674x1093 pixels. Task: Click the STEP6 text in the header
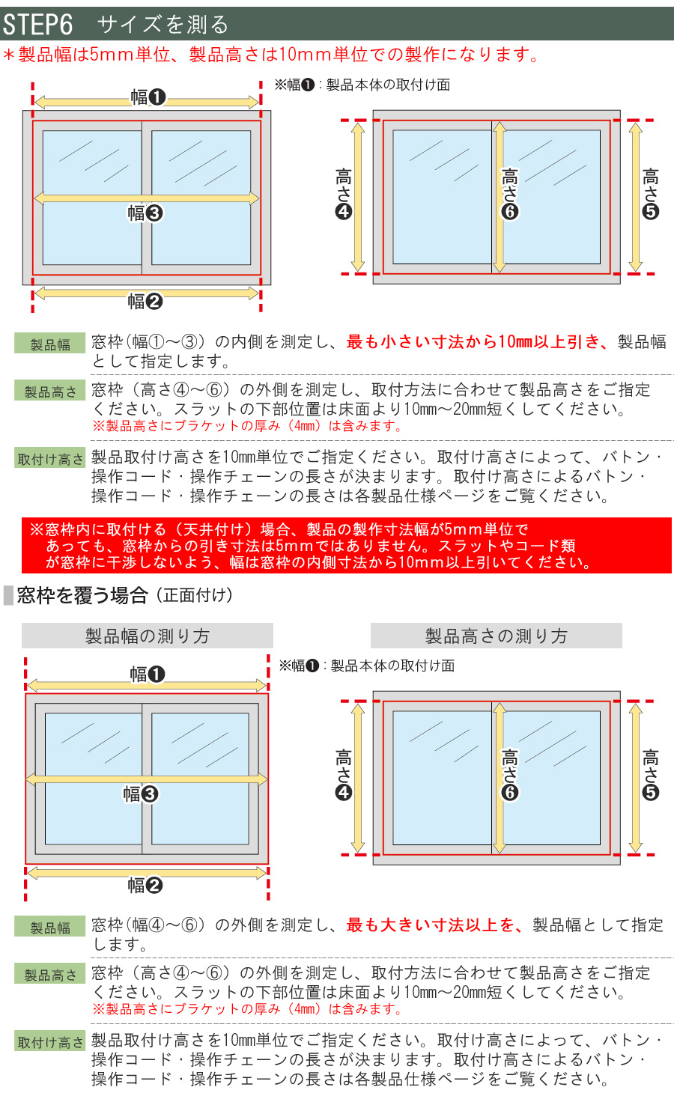tap(37, 25)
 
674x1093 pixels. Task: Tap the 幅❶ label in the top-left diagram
tap(148, 97)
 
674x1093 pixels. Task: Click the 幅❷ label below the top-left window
tap(145, 302)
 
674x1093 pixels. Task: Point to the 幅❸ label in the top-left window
tap(145, 213)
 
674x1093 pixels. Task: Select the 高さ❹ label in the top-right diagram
tap(343, 193)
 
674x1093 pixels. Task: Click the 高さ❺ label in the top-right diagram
tap(650, 193)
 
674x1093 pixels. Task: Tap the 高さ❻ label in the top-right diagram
tap(509, 193)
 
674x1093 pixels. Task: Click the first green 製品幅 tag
tap(50, 344)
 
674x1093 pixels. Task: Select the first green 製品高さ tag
tap(50, 392)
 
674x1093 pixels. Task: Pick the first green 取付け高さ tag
tap(50, 459)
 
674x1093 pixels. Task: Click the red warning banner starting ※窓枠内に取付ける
tap(346, 546)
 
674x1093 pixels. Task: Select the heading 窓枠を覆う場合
tap(82, 596)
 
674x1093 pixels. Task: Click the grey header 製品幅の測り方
tap(147, 636)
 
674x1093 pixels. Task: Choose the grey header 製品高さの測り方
tap(496, 636)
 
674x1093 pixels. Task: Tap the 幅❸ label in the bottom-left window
tap(141, 794)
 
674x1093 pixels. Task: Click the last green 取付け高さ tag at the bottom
tap(50, 1042)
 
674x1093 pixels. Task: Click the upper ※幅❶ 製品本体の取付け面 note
tap(362, 85)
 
